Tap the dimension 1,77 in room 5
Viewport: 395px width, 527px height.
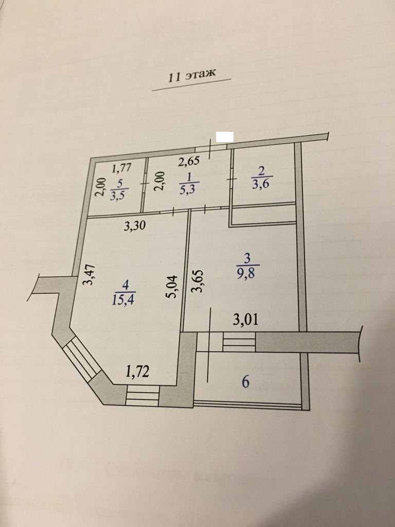tap(122, 167)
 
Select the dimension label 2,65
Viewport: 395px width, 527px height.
tap(188, 162)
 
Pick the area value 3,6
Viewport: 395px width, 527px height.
tap(261, 184)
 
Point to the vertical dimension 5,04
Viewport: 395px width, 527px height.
tap(173, 286)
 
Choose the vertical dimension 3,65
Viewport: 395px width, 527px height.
tap(197, 280)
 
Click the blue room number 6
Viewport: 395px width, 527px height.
tap(245, 382)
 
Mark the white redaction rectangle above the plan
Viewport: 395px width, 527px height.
tap(224, 136)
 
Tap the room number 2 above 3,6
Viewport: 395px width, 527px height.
tap(261, 171)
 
